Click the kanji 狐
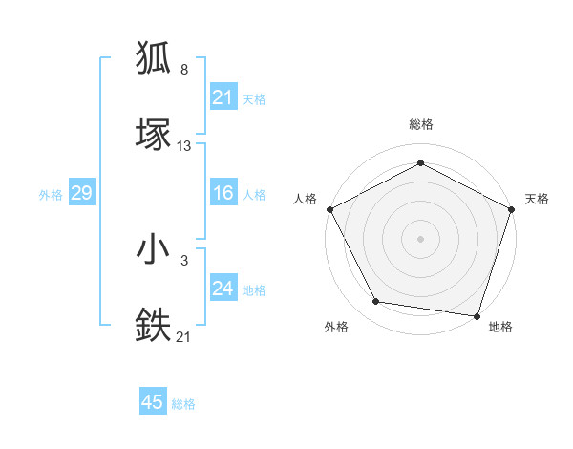[x=154, y=59]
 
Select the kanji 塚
[x=154, y=135]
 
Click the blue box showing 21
[x=223, y=97]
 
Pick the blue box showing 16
[x=223, y=193]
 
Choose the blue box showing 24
[x=223, y=289]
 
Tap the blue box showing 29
[x=81, y=193]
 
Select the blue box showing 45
[x=153, y=402]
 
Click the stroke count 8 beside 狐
[x=184, y=70]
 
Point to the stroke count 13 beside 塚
[x=184, y=146]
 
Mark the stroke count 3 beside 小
[x=184, y=259]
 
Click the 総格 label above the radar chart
[x=420, y=124]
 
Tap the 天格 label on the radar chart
[x=537, y=199]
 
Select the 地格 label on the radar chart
[x=500, y=327]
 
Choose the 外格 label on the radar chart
[x=336, y=327]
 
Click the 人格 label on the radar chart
[x=305, y=199]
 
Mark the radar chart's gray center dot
[x=420, y=237]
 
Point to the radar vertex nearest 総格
[x=420, y=162]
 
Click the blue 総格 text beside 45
[x=183, y=404]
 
